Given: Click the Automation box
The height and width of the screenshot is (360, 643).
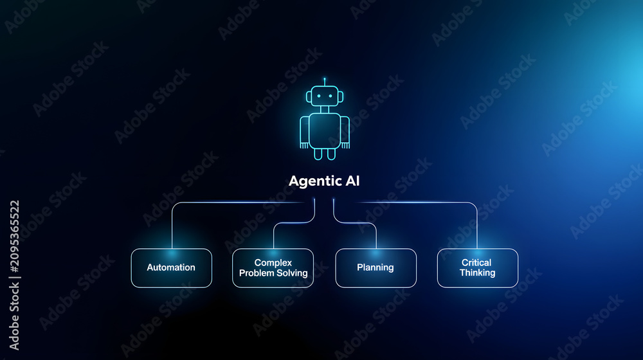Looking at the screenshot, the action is (x=172, y=268).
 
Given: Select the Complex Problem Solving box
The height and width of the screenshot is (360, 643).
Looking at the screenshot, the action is (x=273, y=268).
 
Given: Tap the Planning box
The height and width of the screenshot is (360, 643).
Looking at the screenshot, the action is (x=376, y=268).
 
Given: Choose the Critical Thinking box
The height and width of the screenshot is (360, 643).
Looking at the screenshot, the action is (x=477, y=268).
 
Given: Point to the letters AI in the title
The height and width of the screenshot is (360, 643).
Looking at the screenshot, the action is (x=352, y=181).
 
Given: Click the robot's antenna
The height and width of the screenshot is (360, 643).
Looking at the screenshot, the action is (x=324, y=82).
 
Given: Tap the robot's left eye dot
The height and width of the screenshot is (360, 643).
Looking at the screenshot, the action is (x=319, y=96).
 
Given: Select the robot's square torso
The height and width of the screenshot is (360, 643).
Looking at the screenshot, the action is (x=325, y=130).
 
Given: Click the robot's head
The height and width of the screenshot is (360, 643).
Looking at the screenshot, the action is (x=325, y=96).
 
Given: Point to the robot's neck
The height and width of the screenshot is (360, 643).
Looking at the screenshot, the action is (x=325, y=109).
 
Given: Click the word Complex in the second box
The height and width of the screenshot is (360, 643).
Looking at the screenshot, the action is (x=273, y=263).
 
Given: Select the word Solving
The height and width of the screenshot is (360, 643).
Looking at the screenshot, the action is (x=293, y=273).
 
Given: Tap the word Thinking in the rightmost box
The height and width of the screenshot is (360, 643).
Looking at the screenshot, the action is (x=477, y=273).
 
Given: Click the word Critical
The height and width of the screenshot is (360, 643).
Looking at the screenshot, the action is (x=476, y=262).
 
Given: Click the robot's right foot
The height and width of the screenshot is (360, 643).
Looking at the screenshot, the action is (x=331, y=154).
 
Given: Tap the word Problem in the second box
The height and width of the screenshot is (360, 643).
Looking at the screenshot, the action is (x=257, y=273).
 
